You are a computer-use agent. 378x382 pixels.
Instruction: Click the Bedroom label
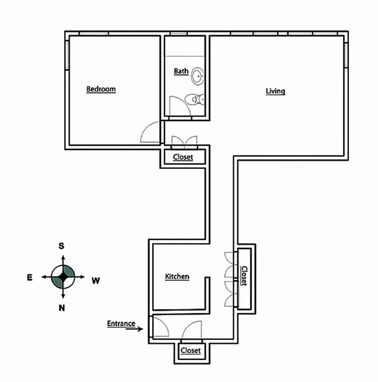(101, 89)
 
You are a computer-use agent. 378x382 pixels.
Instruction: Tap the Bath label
(181, 71)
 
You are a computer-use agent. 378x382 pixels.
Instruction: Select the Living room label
(275, 91)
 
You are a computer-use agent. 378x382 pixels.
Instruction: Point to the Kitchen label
(177, 276)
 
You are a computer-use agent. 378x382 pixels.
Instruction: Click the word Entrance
(121, 323)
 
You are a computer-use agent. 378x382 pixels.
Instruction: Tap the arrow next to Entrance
(137, 329)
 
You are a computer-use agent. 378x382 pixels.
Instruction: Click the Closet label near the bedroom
(183, 157)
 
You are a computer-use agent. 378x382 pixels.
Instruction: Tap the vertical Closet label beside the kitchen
(244, 276)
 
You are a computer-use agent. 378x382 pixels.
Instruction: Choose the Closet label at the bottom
(191, 350)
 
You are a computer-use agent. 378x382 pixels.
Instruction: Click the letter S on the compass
(61, 246)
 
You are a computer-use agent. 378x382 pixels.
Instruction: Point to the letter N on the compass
(61, 308)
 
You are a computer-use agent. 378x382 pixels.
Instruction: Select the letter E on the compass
(30, 277)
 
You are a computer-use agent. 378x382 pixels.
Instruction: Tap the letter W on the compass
(95, 280)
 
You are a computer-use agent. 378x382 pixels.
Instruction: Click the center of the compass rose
(63, 277)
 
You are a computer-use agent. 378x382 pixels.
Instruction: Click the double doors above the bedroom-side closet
(184, 140)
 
